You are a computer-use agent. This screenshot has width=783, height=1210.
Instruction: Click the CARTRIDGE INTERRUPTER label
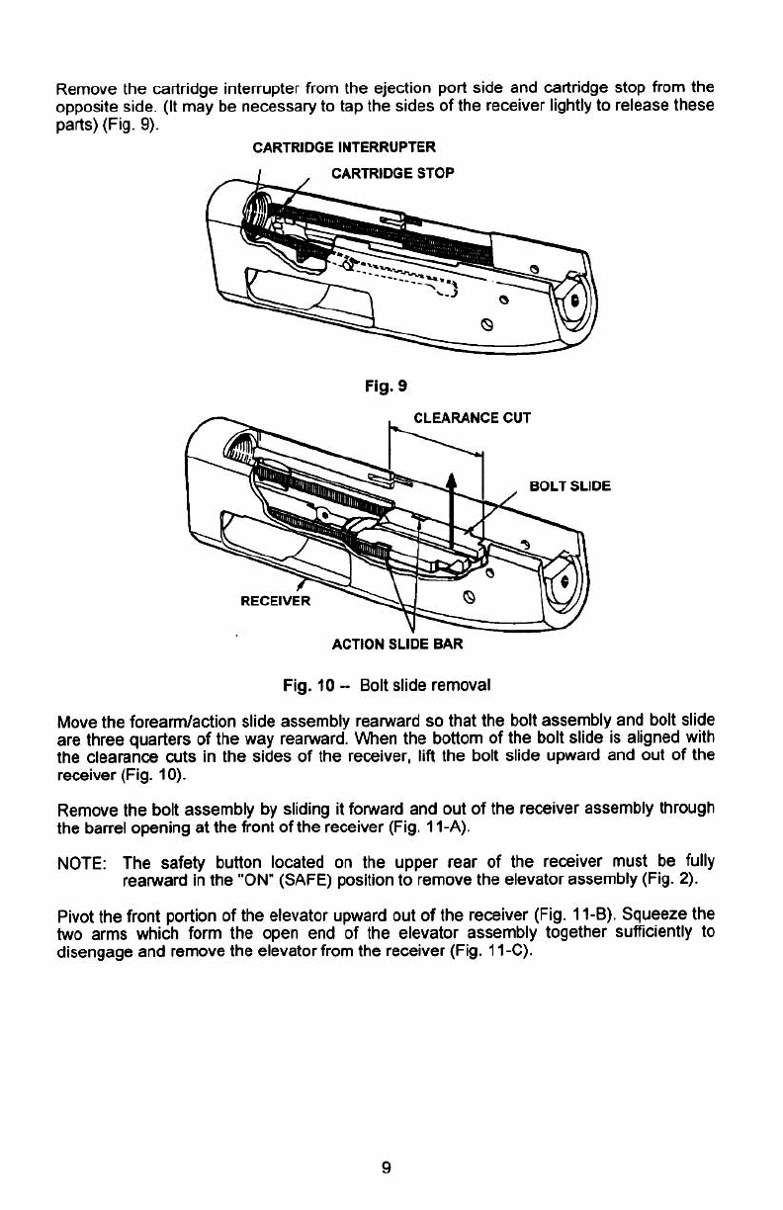[x=344, y=149]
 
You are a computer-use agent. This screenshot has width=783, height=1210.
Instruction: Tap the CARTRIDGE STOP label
[x=392, y=174]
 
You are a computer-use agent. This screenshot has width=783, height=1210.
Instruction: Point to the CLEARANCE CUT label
[x=471, y=417]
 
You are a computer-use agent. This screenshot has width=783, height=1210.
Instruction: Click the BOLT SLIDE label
[x=569, y=486]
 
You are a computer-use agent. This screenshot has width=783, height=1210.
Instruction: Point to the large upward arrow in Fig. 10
[x=452, y=504]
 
